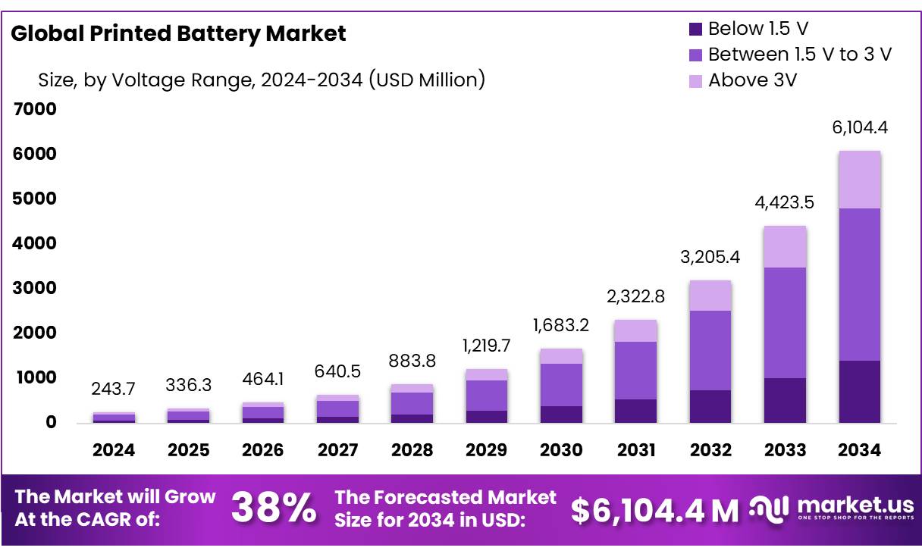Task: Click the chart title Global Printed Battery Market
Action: click(x=178, y=33)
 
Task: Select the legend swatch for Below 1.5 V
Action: click(x=696, y=30)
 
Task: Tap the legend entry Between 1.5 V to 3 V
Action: click(x=799, y=55)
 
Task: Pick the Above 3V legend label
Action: click(x=752, y=80)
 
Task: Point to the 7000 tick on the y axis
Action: click(x=36, y=109)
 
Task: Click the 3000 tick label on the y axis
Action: click(x=36, y=288)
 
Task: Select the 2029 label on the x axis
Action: click(x=486, y=450)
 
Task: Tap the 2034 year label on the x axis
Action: click(x=860, y=450)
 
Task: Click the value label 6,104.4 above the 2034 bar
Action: click(x=860, y=127)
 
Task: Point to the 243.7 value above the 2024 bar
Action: click(x=114, y=388)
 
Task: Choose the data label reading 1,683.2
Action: click(x=561, y=325)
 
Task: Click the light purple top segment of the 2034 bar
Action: click(x=860, y=180)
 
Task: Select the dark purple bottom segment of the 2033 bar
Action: click(x=785, y=400)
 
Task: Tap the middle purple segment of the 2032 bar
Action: click(x=710, y=350)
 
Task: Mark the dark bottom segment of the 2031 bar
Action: click(x=635, y=411)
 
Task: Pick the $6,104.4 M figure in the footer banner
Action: click(x=654, y=511)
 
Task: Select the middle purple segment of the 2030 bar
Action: click(x=561, y=385)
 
